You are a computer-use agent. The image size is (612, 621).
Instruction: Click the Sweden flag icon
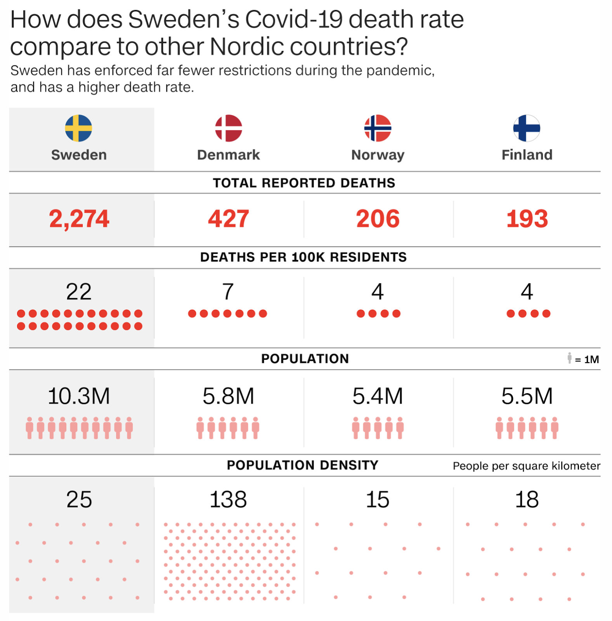click(x=78, y=128)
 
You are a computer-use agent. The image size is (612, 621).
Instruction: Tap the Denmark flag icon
click(x=229, y=128)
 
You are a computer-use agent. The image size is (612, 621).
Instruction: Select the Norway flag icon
click(x=378, y=128)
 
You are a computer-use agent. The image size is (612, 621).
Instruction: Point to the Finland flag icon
click(x=527, y=128)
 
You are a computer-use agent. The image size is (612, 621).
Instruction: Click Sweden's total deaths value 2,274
click(x=79, y=219)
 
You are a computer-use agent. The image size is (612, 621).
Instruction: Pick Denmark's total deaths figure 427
click(x=229, y=219)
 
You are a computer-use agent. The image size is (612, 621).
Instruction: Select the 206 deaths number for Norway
click(x=378, y=219)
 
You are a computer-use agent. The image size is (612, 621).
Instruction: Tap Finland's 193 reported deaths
click(x=527, y=219)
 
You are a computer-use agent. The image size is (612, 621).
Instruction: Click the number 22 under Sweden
click(x=79, y=292)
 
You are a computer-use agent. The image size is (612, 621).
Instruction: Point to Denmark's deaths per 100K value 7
click(x=228, y=292)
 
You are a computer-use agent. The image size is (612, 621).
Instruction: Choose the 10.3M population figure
click(x=79, y=396)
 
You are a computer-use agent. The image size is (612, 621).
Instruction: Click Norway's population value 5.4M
click(x=378, y=396)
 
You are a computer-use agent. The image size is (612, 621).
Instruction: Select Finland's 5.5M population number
click(x=527, y=396)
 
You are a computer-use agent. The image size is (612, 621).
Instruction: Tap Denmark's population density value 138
click(x=228, y=500)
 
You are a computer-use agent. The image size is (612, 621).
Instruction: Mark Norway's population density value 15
click(x=378, y=500)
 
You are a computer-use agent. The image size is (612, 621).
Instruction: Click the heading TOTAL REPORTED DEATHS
click(x=304, y=183)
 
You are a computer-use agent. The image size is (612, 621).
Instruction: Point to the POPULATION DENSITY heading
click(x=303, y=465)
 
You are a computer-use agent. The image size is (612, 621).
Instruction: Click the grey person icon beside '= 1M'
click(x=569, y=358)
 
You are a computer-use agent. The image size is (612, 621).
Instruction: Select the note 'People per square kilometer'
click(x=526, y=466)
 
